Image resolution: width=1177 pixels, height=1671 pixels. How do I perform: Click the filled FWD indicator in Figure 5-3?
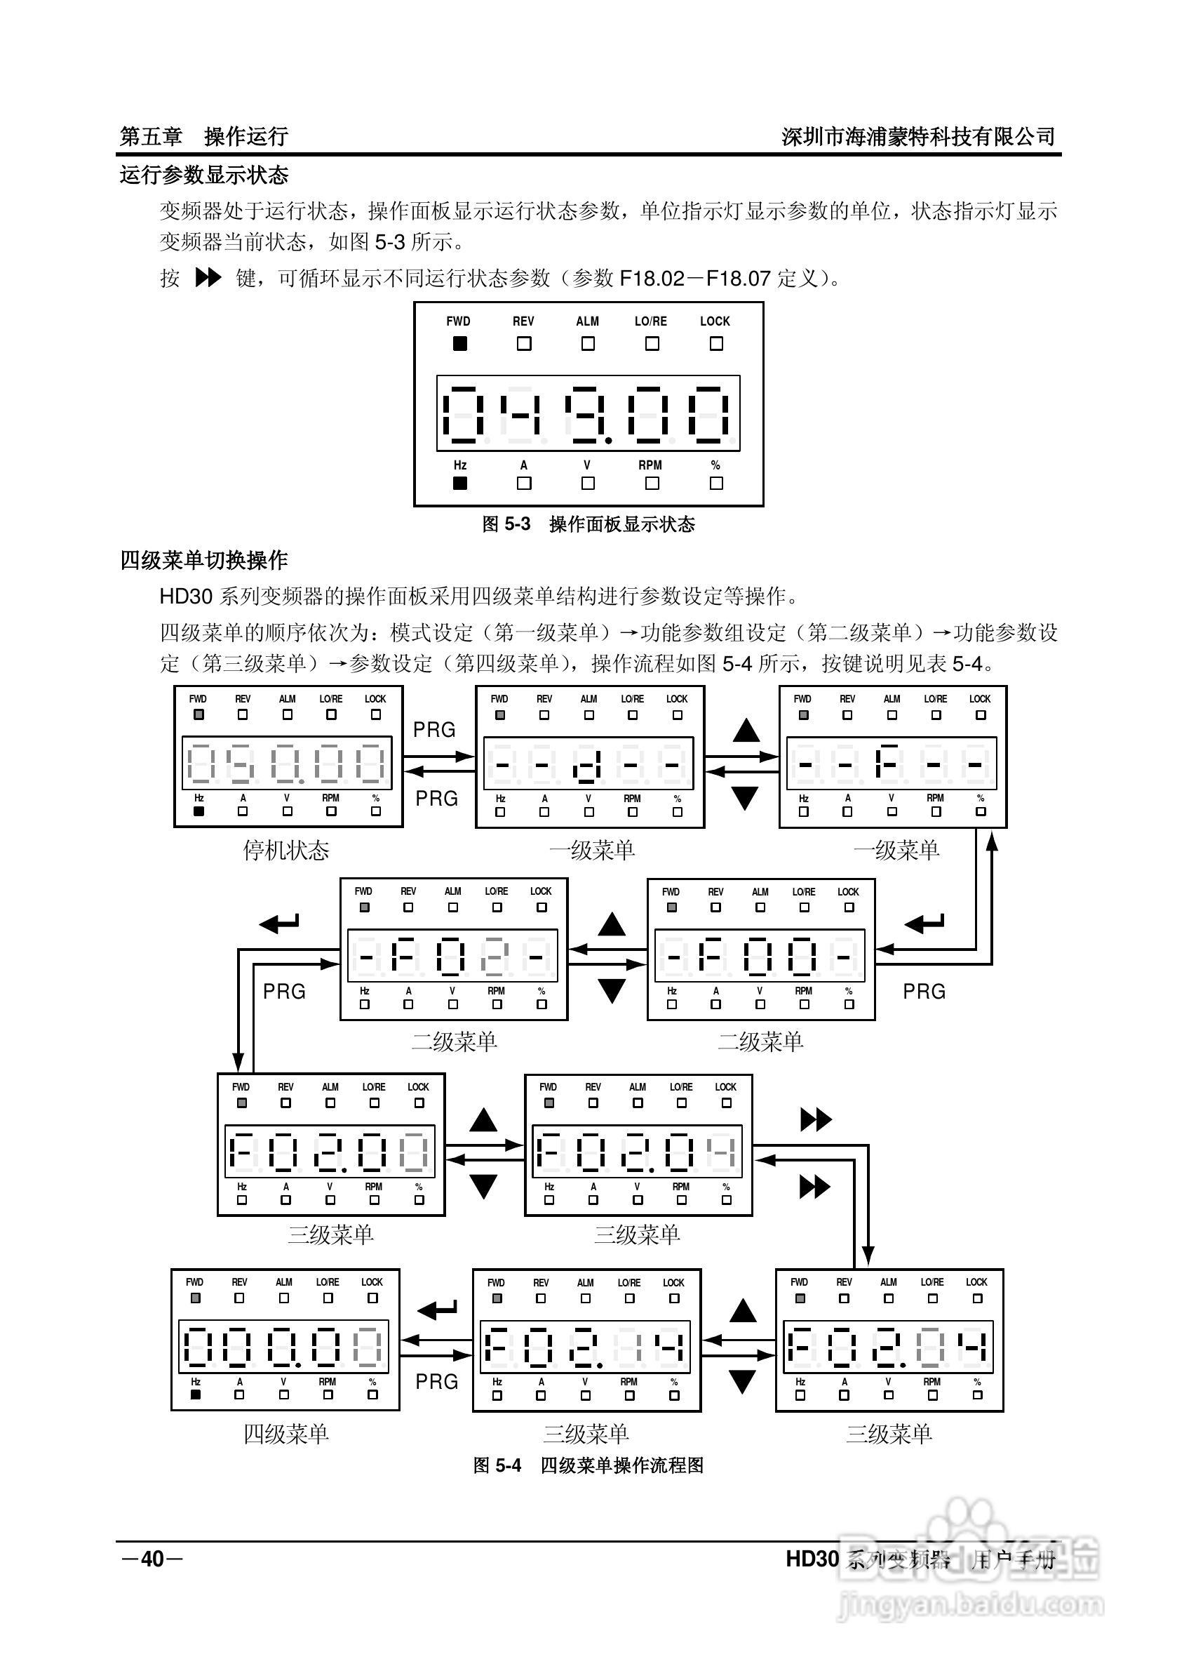pyautogui.click(x=459, y=343)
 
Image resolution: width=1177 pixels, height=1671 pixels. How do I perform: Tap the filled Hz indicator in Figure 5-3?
pyautogui.click(x=459, y=483)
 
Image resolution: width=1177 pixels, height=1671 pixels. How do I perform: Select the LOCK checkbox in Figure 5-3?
pyautogui.click(x=715, y=343)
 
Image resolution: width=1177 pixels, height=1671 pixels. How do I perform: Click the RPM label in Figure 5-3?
pyautogui.click(x=650, y=465)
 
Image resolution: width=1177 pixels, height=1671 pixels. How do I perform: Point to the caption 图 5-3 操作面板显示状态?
pyautogui.click(x=588, y=524)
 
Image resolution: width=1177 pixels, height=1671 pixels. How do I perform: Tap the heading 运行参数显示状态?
pyautogui.click(x=203, y=175)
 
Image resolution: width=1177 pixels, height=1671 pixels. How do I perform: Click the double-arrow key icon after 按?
pyautogui.click(x=208, y=277)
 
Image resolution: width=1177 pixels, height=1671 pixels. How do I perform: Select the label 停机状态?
pyautogui.click(x=286, y=850)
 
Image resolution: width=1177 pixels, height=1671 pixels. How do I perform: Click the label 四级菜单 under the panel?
pyautogui.click(x=286, y=1434)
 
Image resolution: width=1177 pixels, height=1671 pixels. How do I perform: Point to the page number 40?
pyautogui.click(x=152, y=1558)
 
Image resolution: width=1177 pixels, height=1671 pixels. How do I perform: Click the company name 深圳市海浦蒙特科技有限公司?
pyautogui.click(x=918, y=136)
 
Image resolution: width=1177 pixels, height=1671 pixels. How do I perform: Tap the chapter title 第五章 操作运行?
pyautogui.click(x=203, y=136)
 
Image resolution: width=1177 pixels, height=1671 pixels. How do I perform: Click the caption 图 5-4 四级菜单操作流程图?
pyautogui.click(x=588, y=1465)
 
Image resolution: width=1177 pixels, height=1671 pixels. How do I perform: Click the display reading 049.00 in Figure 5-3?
pyautogui.click(x=588, y=413)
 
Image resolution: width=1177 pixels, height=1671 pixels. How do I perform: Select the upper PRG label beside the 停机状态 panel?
pyautogui.click(x=434, y=729)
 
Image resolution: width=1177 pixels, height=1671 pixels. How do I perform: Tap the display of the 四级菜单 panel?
pyautogui.click(x=283, y=1346)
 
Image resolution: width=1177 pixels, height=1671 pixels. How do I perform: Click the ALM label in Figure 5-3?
pyautogui.click(x=587, y=321)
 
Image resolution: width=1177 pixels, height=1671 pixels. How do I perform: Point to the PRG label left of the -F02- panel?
pyautogui.click(x=283, y=991)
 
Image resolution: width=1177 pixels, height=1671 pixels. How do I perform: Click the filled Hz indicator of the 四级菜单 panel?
pyautogui.click(x=195, y=1395)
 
